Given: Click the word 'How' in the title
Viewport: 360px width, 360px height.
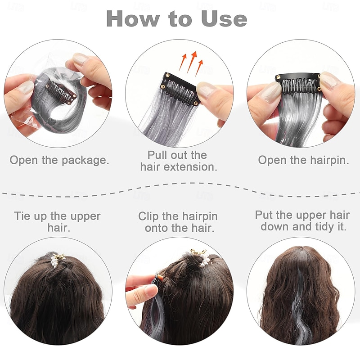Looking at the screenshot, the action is click(133, 19).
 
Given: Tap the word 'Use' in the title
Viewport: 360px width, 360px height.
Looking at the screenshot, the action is click(224, 19).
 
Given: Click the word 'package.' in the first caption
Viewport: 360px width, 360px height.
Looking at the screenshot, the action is click(85, 161).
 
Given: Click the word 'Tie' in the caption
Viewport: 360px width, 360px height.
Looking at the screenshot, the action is click(22, 216).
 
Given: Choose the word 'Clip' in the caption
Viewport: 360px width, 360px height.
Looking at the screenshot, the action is click(148, 216).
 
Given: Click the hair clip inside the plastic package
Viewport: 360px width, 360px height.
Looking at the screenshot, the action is click(61, 93).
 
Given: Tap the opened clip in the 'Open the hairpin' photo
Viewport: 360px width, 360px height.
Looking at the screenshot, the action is click(298, 83).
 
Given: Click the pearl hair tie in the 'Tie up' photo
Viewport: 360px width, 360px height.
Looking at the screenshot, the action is click(58, 260).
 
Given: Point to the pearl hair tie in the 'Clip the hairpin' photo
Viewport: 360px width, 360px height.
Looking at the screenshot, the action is click(202, 258).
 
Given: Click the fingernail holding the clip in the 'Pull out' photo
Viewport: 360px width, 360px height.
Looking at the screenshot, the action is click(206, 90).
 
